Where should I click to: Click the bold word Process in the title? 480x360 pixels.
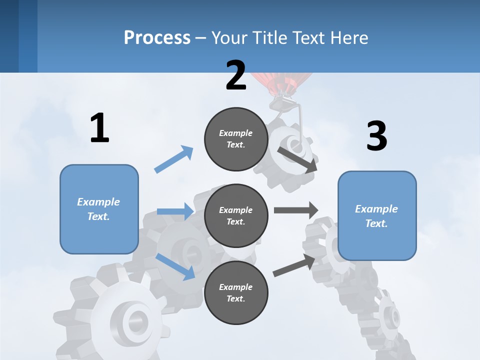157,37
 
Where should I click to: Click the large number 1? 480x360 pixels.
99,128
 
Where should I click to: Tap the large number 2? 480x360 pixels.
236,75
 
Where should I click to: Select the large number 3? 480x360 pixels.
376,136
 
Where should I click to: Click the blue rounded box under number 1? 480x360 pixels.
99,209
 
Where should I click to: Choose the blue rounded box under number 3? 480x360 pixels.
377,216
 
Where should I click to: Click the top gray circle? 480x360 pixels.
236,139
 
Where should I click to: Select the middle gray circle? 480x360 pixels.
236,215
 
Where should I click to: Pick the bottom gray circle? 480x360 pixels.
236,292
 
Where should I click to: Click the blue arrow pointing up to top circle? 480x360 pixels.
174,159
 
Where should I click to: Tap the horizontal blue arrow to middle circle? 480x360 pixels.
175,211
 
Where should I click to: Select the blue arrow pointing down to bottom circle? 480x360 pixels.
175,266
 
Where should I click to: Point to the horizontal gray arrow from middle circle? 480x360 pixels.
296,210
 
